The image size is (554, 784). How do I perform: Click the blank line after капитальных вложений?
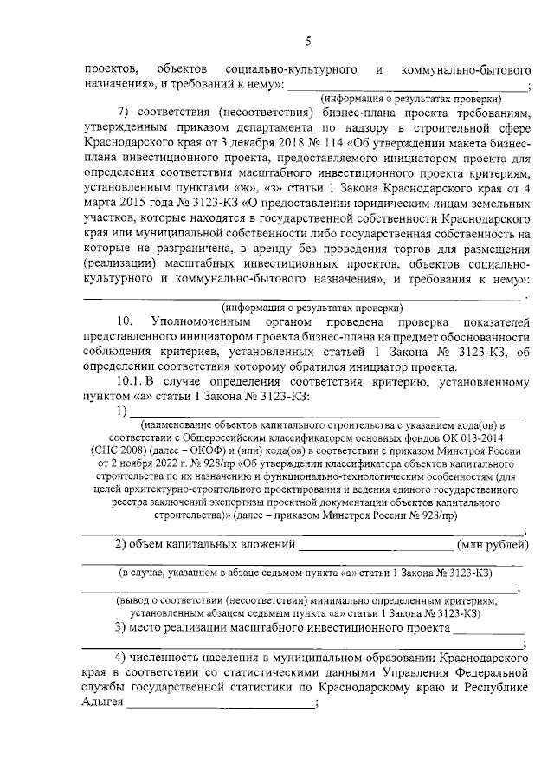[x=376, y=544]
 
